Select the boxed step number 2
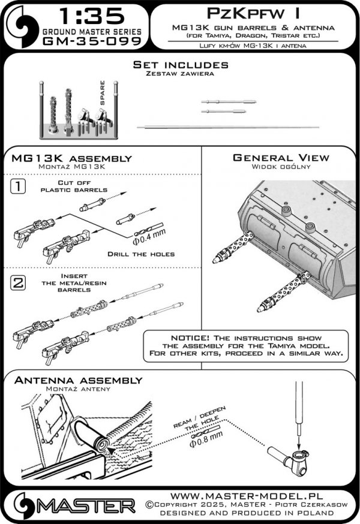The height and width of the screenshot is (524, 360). point(19,284)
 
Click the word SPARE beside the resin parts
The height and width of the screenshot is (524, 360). point(103,92)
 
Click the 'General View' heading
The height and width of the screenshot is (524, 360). point(281,158)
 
